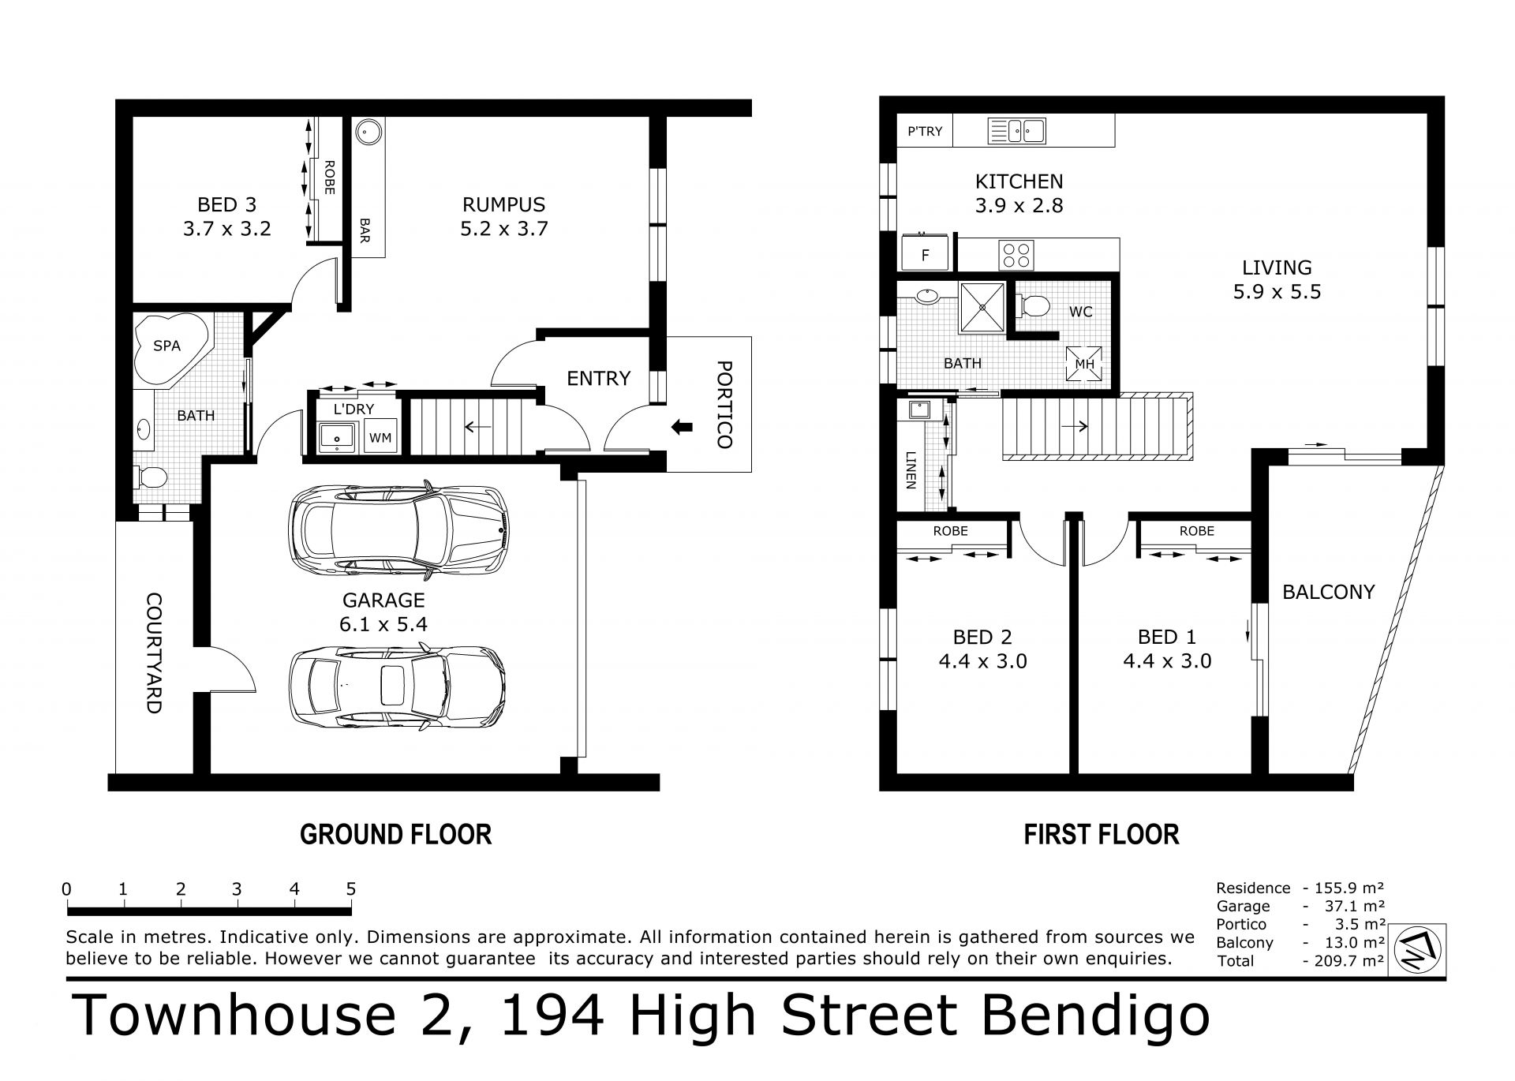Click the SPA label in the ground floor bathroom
167,346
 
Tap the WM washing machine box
380,438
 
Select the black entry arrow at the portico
681,428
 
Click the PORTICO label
724,405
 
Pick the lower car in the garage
397,687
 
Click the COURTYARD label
153,653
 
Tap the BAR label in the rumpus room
365,231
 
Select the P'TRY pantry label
925,131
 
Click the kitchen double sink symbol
1017,131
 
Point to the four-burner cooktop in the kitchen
1016,255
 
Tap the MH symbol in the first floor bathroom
1084,364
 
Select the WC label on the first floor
1081,312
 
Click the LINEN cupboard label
911,470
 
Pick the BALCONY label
1329,592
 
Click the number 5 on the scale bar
351,889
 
